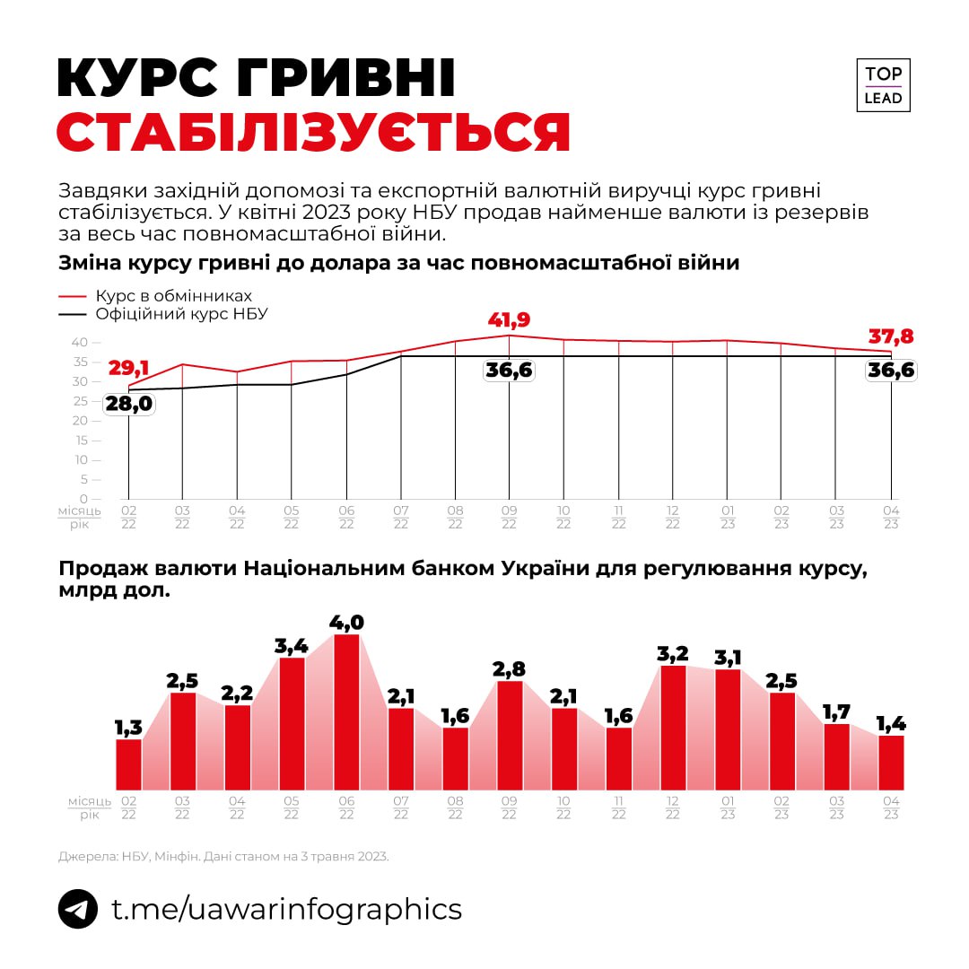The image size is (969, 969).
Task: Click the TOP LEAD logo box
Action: [883, 85]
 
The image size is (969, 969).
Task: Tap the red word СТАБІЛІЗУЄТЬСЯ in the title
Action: [313, 132]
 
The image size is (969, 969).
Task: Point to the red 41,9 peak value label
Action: [509, 320]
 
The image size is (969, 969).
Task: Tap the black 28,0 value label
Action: [128, 404]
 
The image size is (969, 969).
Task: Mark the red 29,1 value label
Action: [129, 368]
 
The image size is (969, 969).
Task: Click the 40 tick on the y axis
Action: [80, 342]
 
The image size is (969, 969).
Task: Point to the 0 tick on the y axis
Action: [84, 499]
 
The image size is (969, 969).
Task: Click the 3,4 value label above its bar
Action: [292, 644]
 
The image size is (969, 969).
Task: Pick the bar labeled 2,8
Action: [510, 735]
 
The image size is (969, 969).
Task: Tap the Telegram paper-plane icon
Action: [78, 909]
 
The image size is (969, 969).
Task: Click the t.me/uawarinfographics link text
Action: [286, 909]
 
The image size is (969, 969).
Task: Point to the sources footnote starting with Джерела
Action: [223, 857]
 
